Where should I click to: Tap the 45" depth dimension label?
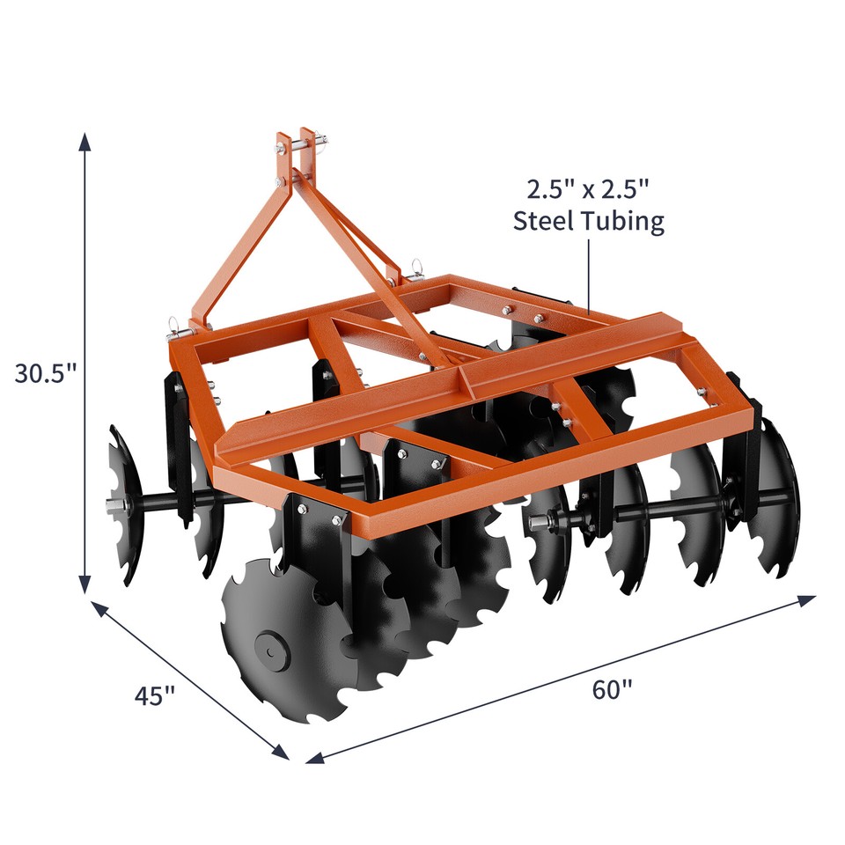click(x=155, y=695)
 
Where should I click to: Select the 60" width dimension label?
click(x=613, y=689)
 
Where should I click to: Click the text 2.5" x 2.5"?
click(x=588, y=188)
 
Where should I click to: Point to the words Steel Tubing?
click(x=588, y=221)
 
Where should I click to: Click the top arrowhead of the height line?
click(x=84, y=141)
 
